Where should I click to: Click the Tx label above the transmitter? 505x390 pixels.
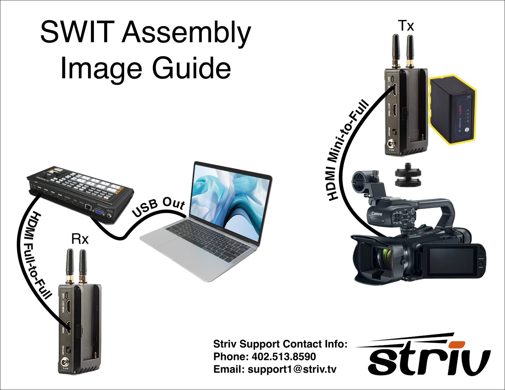(x=406, y=26)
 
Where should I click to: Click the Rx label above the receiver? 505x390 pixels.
(x=80, y=239)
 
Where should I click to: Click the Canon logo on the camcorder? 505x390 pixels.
(x=377, y=214)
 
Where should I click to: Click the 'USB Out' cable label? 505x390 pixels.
(x=158, y=207)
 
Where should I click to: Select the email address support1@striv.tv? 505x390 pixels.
(x=292, y=369)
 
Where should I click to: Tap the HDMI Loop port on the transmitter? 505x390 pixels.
(x=393, y=110)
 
